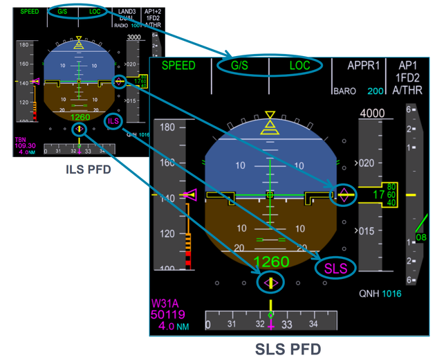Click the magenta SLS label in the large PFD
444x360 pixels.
click(336, 267)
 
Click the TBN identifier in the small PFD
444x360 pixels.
click(20, 139)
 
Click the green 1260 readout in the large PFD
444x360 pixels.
click(270, 262)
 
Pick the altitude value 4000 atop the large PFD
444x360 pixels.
click(372, 113)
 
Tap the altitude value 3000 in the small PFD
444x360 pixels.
click(134, 36)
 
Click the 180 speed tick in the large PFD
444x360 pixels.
click(167, 128)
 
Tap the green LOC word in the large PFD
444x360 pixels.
click(300, 66)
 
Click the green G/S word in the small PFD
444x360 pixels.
click(62, 12)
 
